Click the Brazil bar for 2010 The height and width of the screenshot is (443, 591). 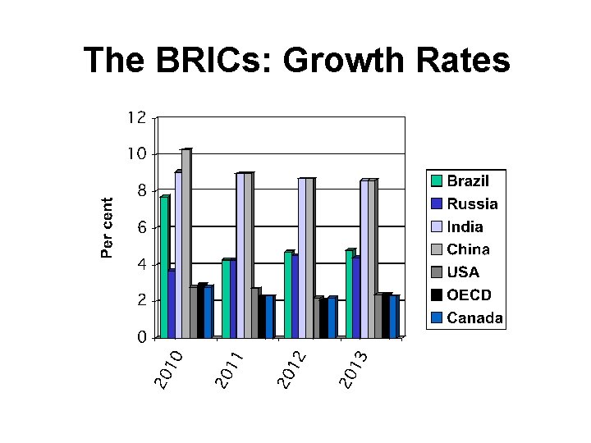click(x=164, y=267)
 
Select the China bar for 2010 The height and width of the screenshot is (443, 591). click(x=186, y=244)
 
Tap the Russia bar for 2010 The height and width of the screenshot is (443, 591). click(x=172, y=304)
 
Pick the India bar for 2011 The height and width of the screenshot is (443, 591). click(x=241, y=255)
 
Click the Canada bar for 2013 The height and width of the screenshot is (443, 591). click(x=394, y=317)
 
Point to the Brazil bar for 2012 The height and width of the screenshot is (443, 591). click(x=288, y=295)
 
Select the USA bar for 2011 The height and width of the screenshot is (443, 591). click(x=255, y=313)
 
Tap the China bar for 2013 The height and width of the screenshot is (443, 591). click(x=373, y=258)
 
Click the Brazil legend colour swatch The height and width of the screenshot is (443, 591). click(x=436, y=180)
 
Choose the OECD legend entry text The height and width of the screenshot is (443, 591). click(x=469, y=295)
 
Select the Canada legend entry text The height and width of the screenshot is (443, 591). click(x=474, y=318)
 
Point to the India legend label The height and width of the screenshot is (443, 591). click(x=465, y=226)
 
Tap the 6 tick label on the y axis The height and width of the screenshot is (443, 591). click(x=141, y=227)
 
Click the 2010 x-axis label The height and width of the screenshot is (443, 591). click(x=168, y=369)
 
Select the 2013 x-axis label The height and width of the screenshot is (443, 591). click(x=353, y=369)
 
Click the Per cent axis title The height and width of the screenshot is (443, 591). click(x=107, y=227)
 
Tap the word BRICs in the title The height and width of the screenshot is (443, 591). click(x=208, y=60)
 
